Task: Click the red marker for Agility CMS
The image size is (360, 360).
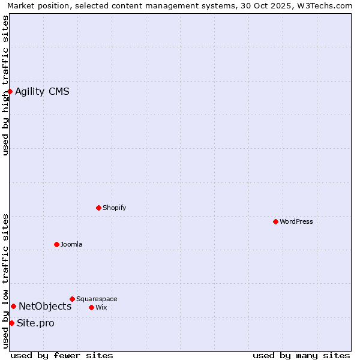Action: coord(10,91)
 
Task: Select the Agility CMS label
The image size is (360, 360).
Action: coord(42,92)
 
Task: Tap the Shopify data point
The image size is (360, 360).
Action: coord(98,208)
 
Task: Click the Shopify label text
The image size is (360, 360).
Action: coord(114,208)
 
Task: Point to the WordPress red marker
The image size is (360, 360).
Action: coord(275,221)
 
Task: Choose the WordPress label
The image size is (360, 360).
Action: coord(296,222)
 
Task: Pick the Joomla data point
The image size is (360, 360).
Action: coord(56,244)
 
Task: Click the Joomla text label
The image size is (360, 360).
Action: coord(71,245)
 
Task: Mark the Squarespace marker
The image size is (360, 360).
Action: coord(72,299)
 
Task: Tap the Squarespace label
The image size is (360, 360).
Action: coord(97,299)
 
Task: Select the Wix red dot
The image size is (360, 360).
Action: coord(91,307)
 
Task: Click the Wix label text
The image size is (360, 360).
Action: coord(101,308)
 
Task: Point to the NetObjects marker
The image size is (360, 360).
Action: coord(13,306)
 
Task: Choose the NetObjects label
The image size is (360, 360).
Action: coord(45,307)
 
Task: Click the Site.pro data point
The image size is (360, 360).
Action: coord(11,323)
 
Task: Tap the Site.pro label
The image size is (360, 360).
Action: coord(35,323)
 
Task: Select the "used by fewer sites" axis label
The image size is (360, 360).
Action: coord(62,355)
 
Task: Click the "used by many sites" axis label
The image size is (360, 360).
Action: coord(301,355)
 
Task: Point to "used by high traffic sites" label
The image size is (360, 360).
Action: coord(6,85)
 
